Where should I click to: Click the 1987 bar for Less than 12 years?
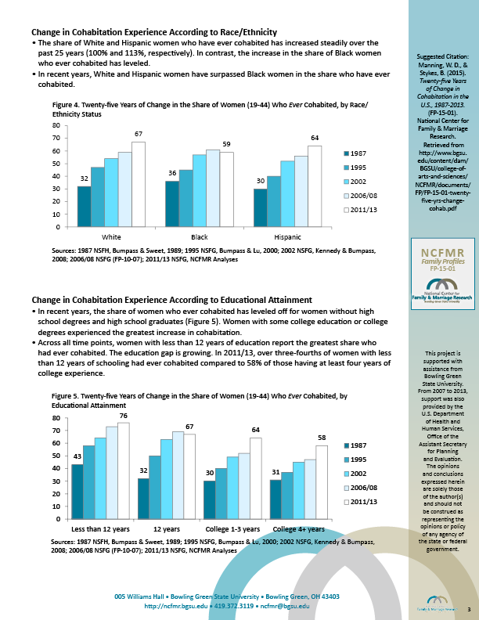(x=77, y=492)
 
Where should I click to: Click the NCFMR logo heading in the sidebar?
(x=442, y=254)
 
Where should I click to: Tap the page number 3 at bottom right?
(x=468, y=609)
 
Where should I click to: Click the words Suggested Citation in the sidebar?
(x=443, y=57)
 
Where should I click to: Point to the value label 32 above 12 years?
(x=142, y=470)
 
